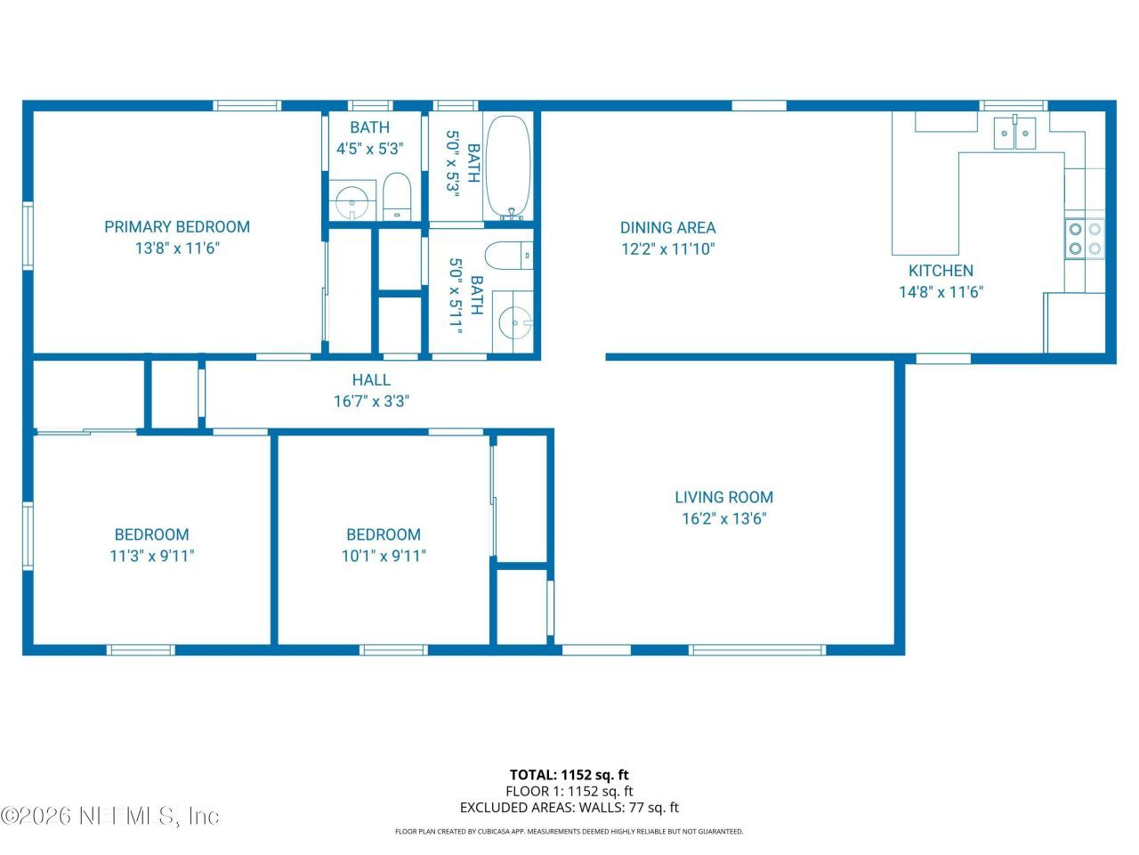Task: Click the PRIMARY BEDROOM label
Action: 177,227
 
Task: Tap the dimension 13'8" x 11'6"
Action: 177,248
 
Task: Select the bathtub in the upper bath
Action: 508,167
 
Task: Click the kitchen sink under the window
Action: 1015,134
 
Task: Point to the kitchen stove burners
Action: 1084,238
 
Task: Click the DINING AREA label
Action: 667,228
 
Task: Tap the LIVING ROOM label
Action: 723,498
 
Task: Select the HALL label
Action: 371,380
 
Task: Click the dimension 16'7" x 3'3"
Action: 371,402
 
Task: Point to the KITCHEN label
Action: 941,271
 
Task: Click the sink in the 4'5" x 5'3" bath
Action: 351,202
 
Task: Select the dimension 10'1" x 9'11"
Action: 384,557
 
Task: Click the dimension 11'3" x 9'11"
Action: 151,557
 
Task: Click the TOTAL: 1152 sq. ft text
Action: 569,775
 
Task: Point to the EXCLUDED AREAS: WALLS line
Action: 569,808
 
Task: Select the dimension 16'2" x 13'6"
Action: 723,519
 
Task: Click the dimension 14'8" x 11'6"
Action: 941,292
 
